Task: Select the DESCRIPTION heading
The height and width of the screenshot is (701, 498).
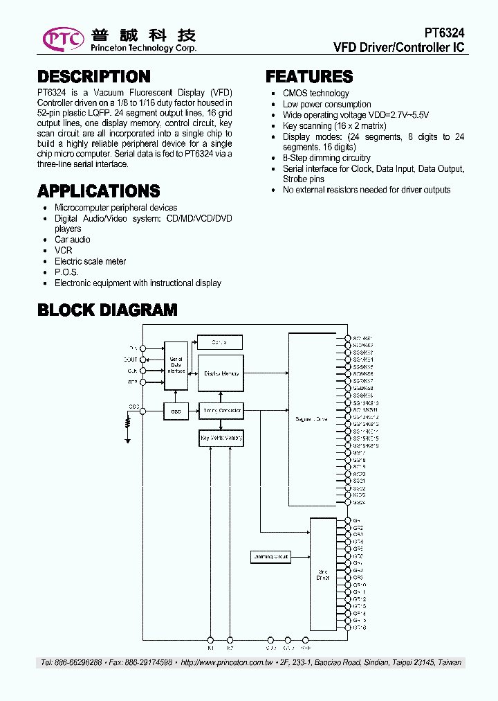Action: click(93, 77)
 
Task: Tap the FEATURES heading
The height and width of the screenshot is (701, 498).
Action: click(309, 77)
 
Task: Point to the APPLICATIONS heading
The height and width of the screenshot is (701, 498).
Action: click(98, 191)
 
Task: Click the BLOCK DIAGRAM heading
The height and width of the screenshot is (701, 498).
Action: click(107, 310)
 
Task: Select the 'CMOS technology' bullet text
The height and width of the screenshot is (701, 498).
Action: click(315, 94)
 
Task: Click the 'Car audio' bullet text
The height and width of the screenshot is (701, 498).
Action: click(72, 240)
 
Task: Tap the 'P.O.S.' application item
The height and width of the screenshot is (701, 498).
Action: click(66, 272)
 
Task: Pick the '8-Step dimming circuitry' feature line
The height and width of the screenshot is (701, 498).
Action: click(326, 159)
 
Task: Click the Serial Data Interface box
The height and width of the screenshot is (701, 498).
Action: click(176, 364)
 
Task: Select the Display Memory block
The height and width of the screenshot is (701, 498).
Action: click(221, 374)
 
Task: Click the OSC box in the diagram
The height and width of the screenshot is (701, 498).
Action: click(176, 411)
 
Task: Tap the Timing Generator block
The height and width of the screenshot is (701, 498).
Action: click(221, 411)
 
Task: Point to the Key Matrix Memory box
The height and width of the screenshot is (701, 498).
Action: click(221, 438)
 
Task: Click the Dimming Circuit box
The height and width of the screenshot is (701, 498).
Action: click(270, 556)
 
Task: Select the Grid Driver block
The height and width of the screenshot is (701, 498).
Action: click(323, 574)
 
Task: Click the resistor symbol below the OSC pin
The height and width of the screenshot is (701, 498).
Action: click(128, 422)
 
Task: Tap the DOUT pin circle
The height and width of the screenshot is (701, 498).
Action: click(142, 360)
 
